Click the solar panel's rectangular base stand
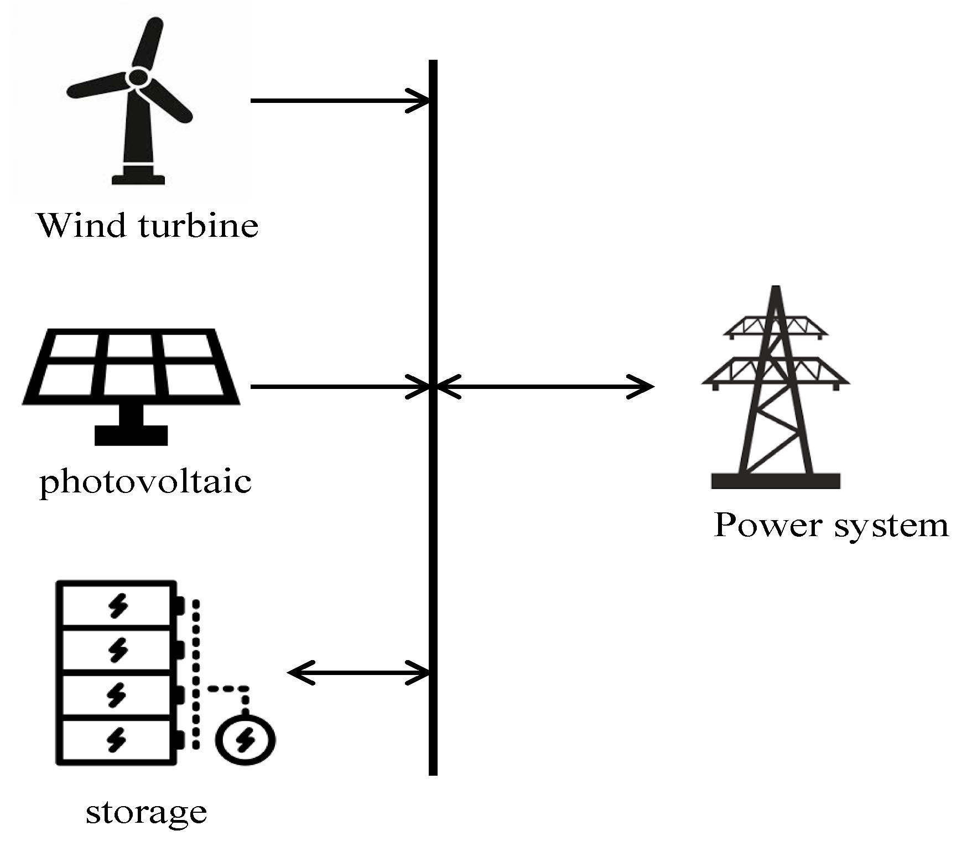click(x=131, y=435)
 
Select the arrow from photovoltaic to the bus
click(x=332, y=387)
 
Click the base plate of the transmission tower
click(x=776, y=480)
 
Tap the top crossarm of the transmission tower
click(x=776, y=326)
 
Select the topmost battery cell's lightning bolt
click(x=117, y=605)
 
